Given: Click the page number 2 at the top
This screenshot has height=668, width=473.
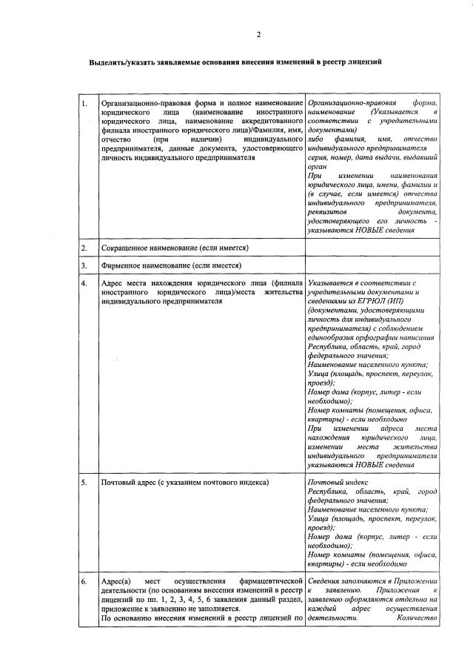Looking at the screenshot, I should pos(258,34).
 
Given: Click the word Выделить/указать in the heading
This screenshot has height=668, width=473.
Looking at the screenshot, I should pos(117,63).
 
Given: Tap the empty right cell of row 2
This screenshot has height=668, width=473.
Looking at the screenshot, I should pos(372,247).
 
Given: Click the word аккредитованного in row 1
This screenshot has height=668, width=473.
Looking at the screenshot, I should pos(269,120).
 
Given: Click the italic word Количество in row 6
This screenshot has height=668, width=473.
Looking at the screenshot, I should pos(417,617).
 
